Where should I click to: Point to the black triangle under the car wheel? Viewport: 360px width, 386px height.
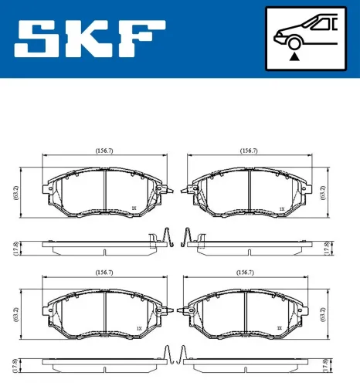point(294,56)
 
